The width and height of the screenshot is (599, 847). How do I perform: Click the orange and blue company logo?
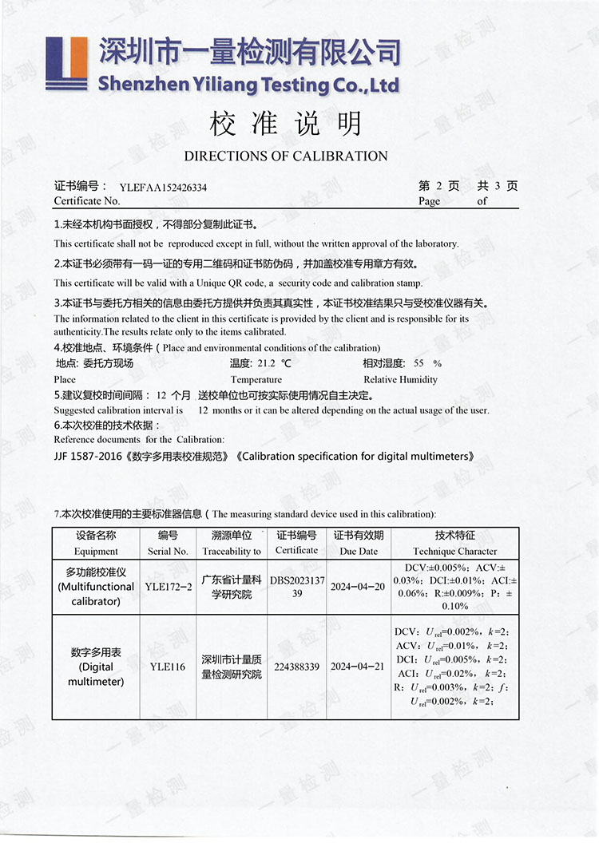tap(66, 63)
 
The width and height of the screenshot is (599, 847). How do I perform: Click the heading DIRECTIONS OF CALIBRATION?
tap(285, 156)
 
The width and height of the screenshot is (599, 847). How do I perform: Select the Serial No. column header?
tap(168, 551)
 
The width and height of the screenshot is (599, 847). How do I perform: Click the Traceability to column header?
tap(232, 551)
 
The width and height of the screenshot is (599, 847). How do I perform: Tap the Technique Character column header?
tap(454, 551)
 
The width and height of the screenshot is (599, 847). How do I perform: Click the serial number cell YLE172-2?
tap(168, 587)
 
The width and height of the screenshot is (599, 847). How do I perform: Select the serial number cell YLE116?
tap(168, 667)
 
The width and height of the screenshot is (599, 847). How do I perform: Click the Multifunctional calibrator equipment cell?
tap(96, 587)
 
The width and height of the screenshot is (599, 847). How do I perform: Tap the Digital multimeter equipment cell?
tap(96, 667)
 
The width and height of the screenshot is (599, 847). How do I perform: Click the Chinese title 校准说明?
tap(285, 125)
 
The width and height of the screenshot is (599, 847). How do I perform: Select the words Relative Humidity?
tap(400, 380)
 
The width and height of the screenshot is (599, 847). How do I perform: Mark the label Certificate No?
tap(87, 201)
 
